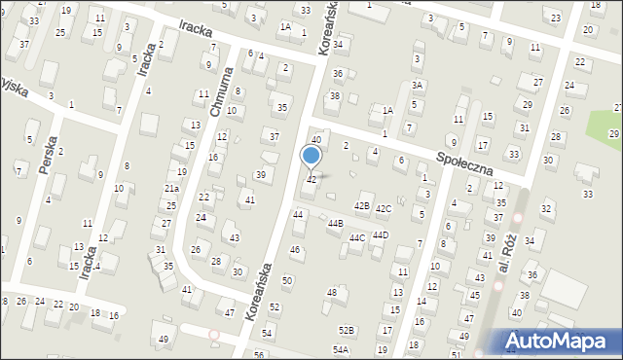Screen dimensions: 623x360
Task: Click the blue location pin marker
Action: pyautogui.click(x=311, y=156)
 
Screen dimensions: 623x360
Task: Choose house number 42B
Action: pyautogui.click(x=362, y=206)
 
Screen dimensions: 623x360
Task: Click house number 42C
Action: pyautogui.click(x=384, y=208)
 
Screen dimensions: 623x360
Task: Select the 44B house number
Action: pyautogui.click(x=336, y=223)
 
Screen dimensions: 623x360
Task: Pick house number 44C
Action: pyautogui.click(x=357, y=237)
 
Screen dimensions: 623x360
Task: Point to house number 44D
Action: pyautogui.click(x=381, y=234)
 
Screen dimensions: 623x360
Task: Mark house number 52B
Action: pyautogui.click(x=346, y=331)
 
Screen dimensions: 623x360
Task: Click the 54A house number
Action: pyautogui.click(x=341, y=349)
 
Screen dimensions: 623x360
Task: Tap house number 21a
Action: pyautogui.click(x=171, y=189)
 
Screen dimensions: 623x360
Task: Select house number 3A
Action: pyautogui.click(x=417, y=86)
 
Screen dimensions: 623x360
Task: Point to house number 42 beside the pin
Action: pyautogui.click(x=311, y=180)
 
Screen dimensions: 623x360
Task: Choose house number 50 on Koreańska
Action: pyautogui.click(x=286, y=280)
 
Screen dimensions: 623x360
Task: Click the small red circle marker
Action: pyautogui.click(x=214, y=335)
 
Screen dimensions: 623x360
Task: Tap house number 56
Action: pyautogui.click(x=260, y=354)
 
